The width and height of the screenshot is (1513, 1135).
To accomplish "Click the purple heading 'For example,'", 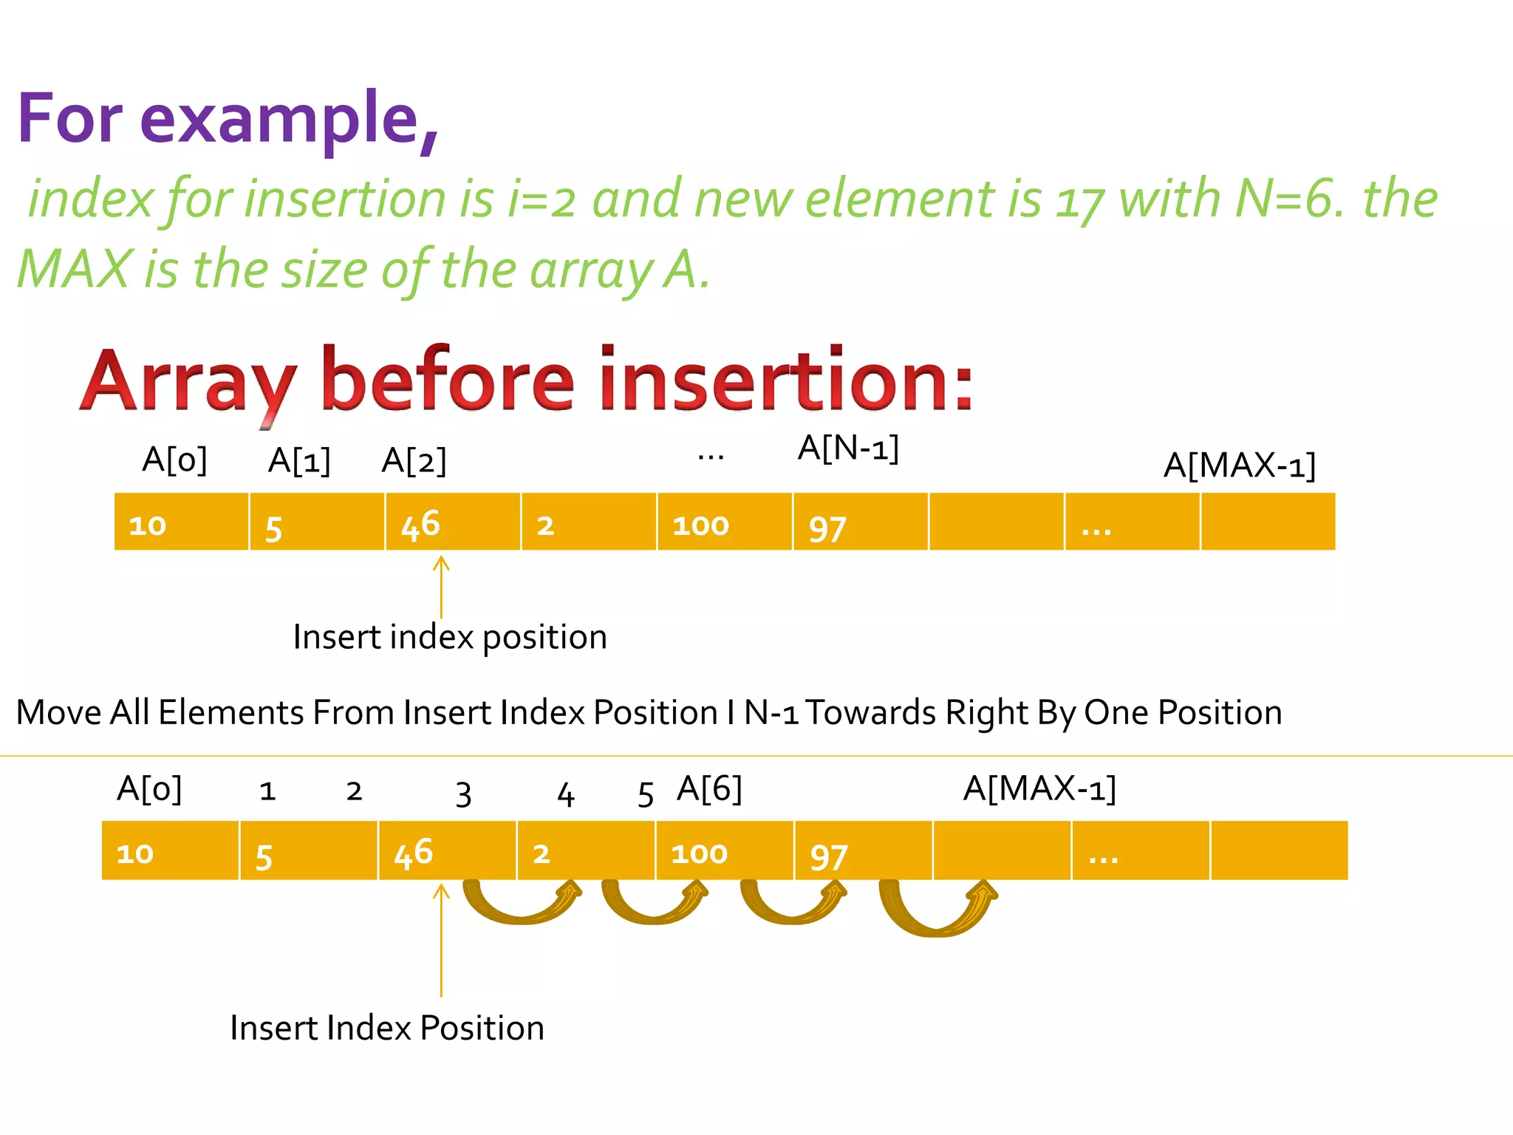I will [x=228, y=118].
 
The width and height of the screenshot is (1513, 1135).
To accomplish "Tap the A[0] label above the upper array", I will [x=174, y=460].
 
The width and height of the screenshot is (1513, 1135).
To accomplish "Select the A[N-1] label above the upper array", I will [x=848, y=448].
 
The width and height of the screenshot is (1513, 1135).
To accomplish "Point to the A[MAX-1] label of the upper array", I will [x=1239, y=466].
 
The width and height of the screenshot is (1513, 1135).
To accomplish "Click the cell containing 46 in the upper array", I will [x=452, y=522].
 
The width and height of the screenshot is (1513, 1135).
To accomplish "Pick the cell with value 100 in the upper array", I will [x=724, y=522].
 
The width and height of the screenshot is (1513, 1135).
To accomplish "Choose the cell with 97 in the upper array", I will [x=860, y=522].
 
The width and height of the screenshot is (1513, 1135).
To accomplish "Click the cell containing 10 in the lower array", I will [x=170, y=851].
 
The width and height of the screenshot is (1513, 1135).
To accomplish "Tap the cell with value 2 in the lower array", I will [x=586, y=851].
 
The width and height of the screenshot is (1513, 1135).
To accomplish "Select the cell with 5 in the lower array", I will [x=308, y=851].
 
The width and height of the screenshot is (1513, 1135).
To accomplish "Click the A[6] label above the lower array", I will [x=709, y=788].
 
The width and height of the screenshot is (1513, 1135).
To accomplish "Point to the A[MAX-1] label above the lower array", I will [x=1039, y=788].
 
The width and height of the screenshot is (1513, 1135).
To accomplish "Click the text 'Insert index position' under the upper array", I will [x=450, y=637].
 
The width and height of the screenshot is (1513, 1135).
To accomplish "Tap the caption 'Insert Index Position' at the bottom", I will [x=387, y=1028].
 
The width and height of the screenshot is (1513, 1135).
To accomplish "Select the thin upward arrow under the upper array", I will [x=441, y=587].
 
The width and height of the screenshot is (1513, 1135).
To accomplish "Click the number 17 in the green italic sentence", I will [x=1079, y=201].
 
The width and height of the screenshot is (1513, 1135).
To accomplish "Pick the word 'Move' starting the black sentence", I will [x=58, y=713].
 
